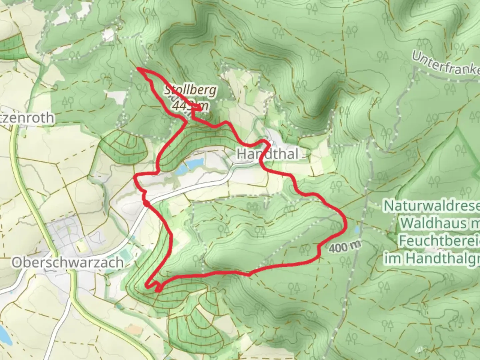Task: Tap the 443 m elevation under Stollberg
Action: coord(191,105)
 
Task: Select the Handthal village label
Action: coord(267,154)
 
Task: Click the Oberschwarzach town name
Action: coord(68,263)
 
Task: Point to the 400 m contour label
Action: coord(345,247)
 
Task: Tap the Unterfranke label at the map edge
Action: coord(445,64)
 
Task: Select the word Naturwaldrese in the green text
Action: coord(432,206)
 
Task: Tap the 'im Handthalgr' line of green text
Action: coord(432,258)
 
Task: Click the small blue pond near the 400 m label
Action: coord(357,230)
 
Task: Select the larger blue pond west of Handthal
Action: coord(195,163)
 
